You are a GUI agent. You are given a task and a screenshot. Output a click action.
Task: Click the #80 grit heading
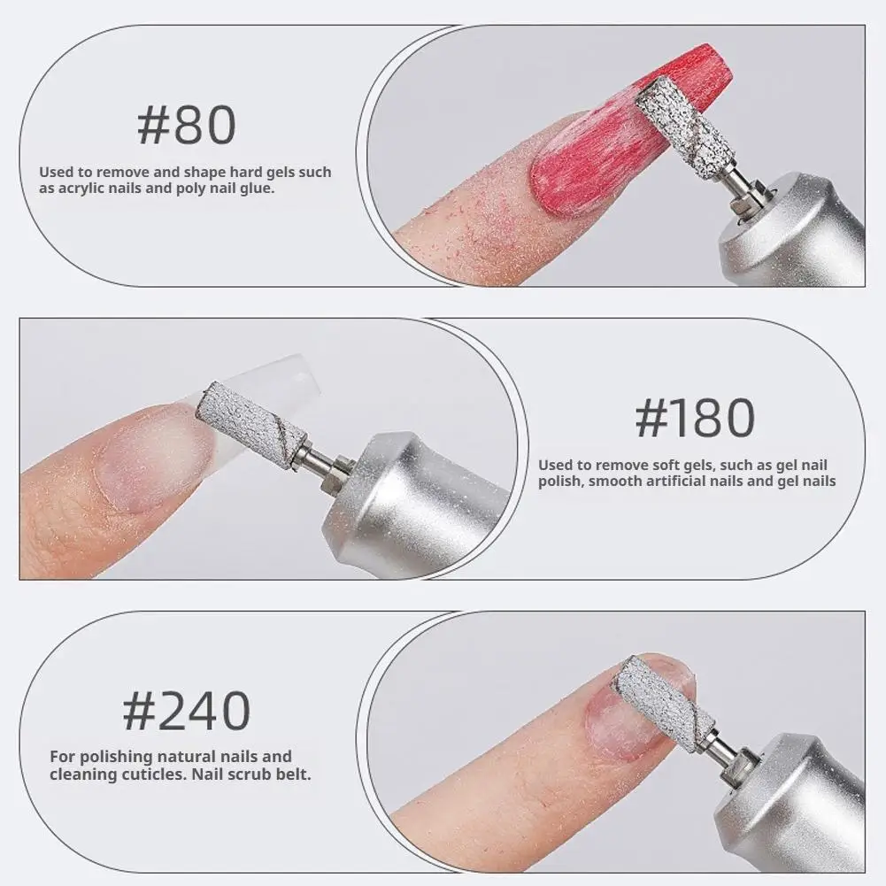tap(186, 126)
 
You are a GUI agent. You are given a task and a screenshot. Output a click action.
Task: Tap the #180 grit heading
tap(695, 418)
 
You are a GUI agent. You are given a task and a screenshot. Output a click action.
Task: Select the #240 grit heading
tap(186, 710)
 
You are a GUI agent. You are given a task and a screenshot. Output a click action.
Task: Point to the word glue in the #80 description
tap(257, 189)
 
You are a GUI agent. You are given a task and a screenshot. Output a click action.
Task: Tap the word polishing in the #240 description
tap(113, 757)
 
